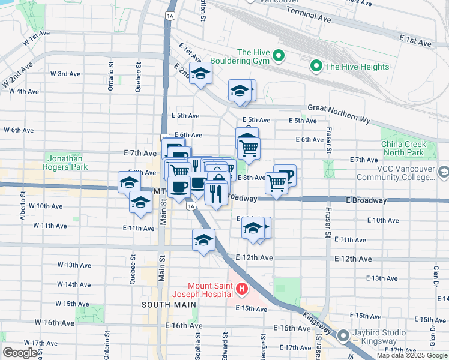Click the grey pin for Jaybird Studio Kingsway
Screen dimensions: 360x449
coord(344,335)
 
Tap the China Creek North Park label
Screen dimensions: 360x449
coord(403,148)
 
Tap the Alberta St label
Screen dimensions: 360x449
coord(22,206)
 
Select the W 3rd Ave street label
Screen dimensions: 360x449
coord(65,74)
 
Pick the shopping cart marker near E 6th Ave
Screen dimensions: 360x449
coord(249,146)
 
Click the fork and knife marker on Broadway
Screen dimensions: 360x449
coord(215,193)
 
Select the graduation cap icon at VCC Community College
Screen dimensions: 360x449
coord(443,172)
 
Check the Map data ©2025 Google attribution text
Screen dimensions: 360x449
coord(412,355)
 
